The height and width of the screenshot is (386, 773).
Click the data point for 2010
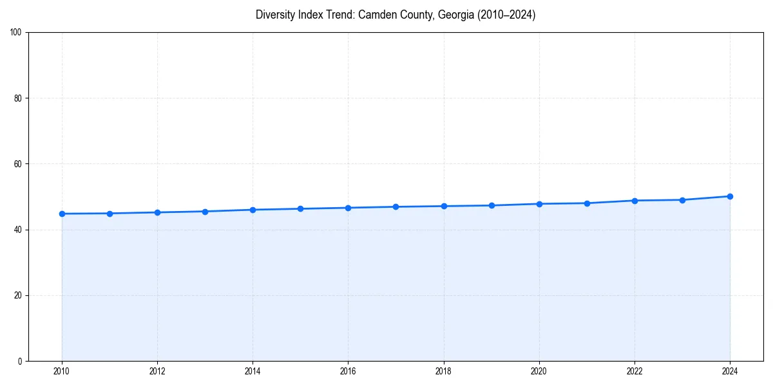(x=62, y=214)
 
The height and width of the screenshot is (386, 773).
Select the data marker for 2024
(x=730, y=196)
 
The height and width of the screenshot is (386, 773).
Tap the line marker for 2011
(x=110, y=214)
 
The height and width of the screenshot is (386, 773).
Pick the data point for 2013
(x=205, y=212)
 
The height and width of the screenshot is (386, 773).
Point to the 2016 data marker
(x=348, y=208)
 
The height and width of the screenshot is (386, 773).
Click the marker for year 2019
(x=491, y=205)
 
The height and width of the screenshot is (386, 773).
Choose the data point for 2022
(x=635, y=201)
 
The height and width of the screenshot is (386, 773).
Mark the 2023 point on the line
(x=682, y=200)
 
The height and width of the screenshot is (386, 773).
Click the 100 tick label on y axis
(x=17, y=33)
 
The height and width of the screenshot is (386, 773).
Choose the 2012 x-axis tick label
(x=157, y=371)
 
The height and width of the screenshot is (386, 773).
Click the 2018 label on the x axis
(x=443, y=371)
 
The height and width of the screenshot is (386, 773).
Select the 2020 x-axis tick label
(x=539, y=371)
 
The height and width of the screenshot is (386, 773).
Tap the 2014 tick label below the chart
(x=253, y=371)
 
